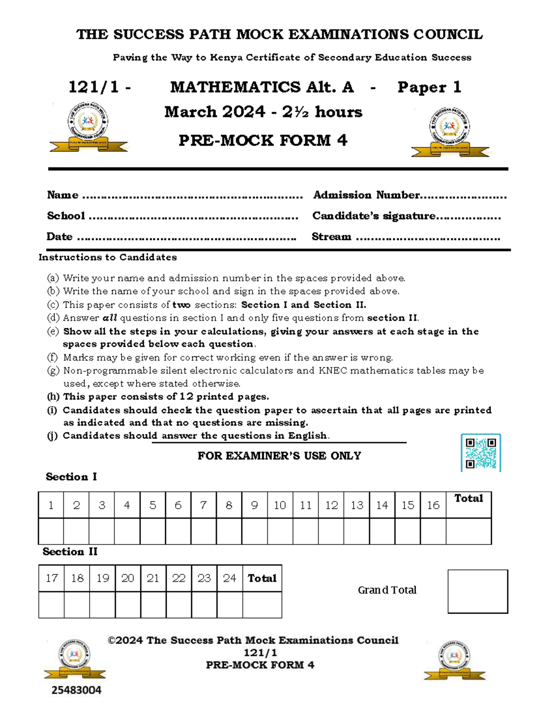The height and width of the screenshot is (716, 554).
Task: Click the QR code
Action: pos(481,452)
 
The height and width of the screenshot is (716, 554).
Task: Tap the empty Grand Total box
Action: pos(477,591)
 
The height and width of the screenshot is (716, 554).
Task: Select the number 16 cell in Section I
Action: pos(433,505)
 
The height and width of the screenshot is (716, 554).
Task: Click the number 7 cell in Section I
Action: pos(203,505)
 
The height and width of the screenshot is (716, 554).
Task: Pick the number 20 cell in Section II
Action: pos(128,578)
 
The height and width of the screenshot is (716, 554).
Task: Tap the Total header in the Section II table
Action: pos(262,578)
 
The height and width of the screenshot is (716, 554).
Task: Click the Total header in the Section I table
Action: pos(468,498)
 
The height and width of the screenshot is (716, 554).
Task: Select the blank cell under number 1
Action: pos(51,531)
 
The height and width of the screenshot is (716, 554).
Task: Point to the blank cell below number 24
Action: pos(229,604)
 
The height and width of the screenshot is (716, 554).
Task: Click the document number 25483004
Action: pos(76,690)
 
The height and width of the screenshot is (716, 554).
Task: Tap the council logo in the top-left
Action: pos(88,127)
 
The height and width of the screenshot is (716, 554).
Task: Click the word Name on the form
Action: pos(63,195)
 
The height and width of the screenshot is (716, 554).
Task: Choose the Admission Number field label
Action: pos(366,195)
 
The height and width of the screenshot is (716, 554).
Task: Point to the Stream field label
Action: pos(331,237)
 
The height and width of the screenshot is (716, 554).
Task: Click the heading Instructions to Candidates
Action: pos(108,257)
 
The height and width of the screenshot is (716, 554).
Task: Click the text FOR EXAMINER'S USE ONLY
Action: pos(279,456)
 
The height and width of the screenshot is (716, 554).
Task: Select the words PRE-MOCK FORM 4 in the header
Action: pos(263,140)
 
